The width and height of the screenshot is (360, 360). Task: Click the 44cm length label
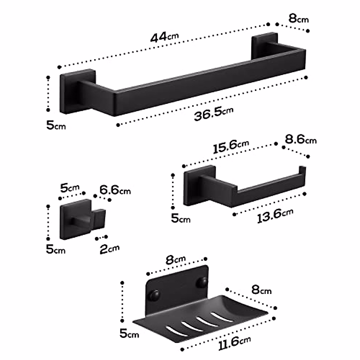click(x=164, y=37)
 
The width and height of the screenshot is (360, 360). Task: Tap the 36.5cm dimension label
click(x=213, y=113)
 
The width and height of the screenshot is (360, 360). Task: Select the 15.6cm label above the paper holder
click(x=231, y=146)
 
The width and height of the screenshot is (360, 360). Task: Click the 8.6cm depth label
click(x=300, y=139)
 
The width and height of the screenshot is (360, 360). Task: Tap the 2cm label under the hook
click(x=109, y=249)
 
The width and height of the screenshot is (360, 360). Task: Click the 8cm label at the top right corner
click(x=298, y=19)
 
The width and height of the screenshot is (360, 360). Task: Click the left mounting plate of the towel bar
click(x=77, y=91)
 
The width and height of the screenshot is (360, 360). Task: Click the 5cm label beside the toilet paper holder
click(x=181, y=218)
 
